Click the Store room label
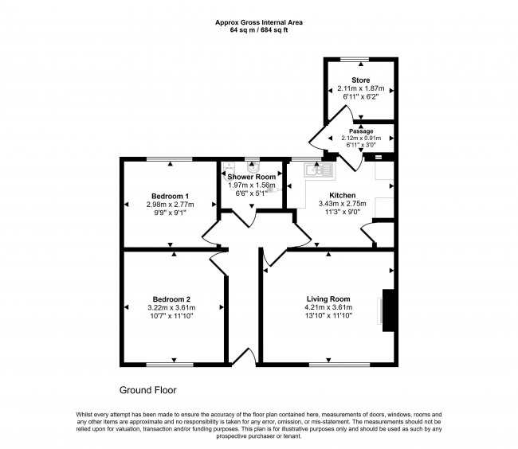[361, 80]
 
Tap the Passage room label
[361, 131]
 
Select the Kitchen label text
[342, 195]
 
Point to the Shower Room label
[251, 177]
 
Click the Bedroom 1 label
[170, 197]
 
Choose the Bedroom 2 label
[171, 299]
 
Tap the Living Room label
[328, 299]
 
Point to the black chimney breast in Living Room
[388, 310]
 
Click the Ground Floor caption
[147, 390]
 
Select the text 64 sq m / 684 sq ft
[259, 30]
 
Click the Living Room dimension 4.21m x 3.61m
[328, 307]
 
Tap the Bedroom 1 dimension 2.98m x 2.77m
[170, 205]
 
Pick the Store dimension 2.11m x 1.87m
[361, 88]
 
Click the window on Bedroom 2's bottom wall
[170, 365]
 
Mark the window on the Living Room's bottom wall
[339, 365]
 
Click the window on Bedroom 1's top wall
[170, 159]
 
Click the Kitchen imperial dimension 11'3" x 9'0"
[342, 212]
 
